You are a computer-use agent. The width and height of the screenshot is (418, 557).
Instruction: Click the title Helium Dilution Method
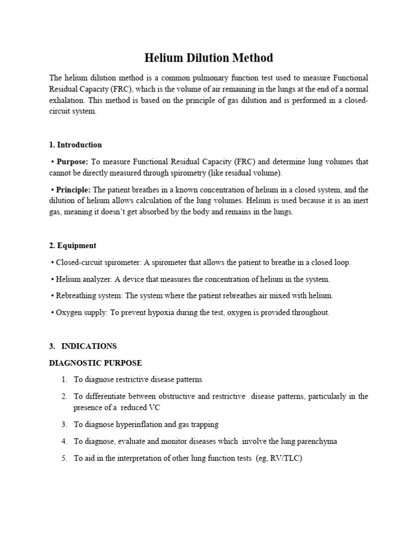(208, 58)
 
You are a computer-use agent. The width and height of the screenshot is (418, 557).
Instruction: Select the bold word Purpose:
(72, 162)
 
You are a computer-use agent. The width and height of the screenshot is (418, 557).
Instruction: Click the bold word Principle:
(74, 190)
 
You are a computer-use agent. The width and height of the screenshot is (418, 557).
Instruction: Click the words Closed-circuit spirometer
(99, 262)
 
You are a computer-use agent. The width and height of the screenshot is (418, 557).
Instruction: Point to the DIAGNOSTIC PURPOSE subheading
(95, 363)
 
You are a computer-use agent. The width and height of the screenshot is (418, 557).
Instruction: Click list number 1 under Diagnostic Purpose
(64, 379)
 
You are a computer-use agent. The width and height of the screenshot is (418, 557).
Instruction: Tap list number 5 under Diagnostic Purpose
(64, 458)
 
